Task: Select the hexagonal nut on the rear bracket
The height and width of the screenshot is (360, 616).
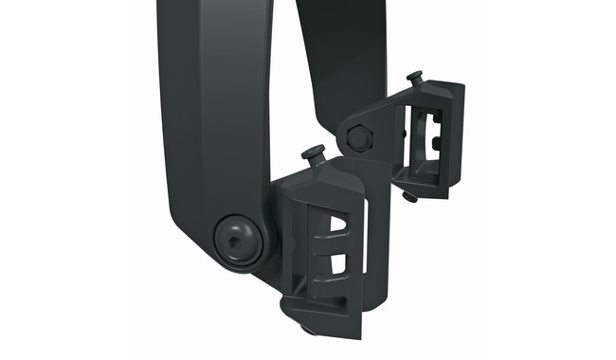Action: click(358, 138)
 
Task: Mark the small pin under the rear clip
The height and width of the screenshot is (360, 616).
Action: click(408, 197)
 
